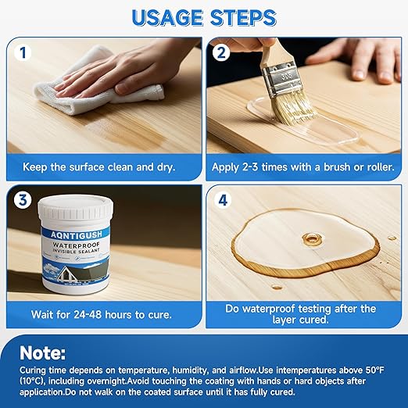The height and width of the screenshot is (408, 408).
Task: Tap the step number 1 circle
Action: coord(23,52)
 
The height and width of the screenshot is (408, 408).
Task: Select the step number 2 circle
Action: coord(221,52)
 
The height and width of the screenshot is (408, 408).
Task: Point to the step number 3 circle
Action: coord(23,200)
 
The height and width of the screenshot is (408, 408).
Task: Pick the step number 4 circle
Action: coord(223,200)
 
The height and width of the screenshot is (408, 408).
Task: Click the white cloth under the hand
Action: coord(96,86)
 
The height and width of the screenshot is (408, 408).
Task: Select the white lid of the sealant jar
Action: coord(76,207)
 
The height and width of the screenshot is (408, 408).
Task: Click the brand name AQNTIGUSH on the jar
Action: coord(76,234)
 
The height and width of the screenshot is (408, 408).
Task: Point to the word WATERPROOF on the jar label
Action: coord(77,245)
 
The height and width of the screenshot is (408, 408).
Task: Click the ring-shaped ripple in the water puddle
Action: coord(312,238)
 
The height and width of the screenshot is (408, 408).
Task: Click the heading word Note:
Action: coord(42,353)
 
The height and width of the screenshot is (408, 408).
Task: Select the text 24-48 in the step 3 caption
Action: coord(87,314)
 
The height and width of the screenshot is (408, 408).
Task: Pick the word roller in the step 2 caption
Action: coord(380,167)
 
